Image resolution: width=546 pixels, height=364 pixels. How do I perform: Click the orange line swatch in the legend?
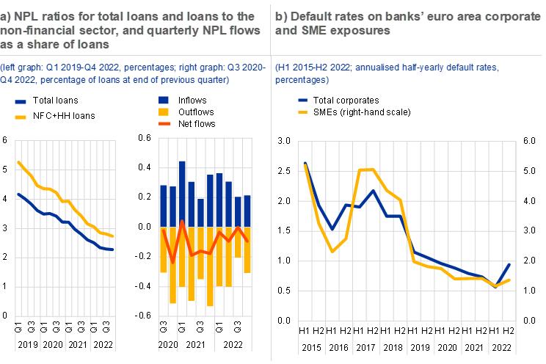[164, 124]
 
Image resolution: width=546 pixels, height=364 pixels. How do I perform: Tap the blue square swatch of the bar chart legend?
[164, 100]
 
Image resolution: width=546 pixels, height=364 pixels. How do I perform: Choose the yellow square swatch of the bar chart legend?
[164, 112]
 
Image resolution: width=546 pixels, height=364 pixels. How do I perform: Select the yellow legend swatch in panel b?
[303, 112]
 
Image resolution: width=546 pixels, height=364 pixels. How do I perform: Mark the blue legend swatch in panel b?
[303, 99]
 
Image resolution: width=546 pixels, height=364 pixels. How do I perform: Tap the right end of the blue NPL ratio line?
[113, 250]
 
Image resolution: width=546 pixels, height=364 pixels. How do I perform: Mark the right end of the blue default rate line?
[510, 263]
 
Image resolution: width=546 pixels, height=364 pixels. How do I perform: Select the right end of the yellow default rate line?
[510, 280]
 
